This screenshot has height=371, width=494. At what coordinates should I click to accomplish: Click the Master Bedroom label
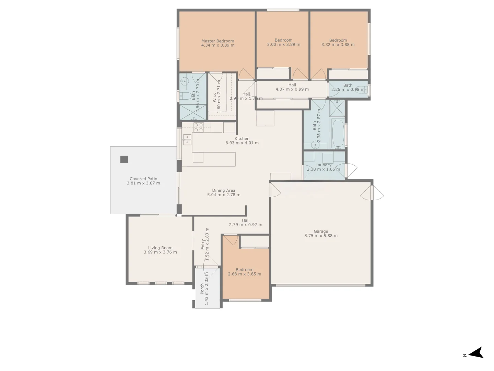(217, 41)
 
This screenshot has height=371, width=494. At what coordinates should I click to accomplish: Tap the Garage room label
(321, 231)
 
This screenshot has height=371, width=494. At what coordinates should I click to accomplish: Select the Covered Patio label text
(143, 179)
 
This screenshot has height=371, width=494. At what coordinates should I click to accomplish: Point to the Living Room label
(160, 248)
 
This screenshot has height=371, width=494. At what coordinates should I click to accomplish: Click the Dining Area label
(224, 190)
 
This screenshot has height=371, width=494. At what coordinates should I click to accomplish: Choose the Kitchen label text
(242, 138)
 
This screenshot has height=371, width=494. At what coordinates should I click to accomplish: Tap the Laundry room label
(323, 165)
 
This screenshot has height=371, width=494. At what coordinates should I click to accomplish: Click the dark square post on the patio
(124, 159)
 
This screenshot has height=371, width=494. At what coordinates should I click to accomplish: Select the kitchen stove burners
(198, 127)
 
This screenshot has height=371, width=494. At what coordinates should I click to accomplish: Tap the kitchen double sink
(187, 139)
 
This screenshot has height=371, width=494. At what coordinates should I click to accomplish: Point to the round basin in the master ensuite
(184, 81)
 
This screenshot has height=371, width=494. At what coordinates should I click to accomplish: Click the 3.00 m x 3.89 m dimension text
(283, 45)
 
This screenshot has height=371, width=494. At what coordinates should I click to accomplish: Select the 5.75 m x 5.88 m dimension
(321, 236)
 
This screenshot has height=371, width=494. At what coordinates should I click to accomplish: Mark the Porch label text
(202, 289)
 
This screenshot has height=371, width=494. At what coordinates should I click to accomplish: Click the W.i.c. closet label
(215, 97)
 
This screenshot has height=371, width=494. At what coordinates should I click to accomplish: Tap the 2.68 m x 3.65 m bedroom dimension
(244, 274)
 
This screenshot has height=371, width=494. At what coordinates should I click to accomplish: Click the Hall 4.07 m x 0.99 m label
(292, 87)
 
